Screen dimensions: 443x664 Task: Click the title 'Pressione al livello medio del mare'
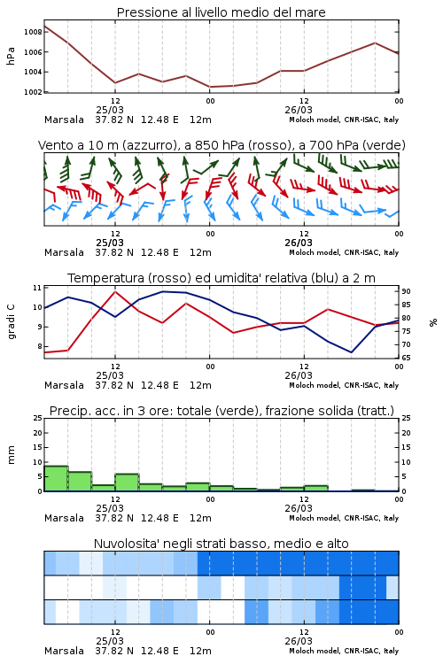click(x=221, y=12)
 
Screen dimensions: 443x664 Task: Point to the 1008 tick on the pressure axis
click(x=33, y=32)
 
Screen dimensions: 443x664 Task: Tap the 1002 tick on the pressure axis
click(x=33, y=92)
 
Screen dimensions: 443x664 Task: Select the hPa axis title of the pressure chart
click(x=11, y=56)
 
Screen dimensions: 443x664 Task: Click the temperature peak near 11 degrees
click(x=115, y=291)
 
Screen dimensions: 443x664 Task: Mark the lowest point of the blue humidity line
click(x=351, y=352)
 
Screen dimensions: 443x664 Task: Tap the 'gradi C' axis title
click(x=11, y=321)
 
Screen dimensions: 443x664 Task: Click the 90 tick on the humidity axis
click(x=406, y=291)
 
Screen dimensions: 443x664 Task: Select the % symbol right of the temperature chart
click(x=433, y=322)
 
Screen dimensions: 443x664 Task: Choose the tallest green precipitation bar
click(x=56, y=478)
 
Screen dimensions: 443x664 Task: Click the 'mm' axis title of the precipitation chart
click(x=11, y=455)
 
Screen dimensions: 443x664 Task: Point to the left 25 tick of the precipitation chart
click(x=38, y=418)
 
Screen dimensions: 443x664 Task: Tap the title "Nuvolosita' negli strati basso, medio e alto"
click(x=221, y=544)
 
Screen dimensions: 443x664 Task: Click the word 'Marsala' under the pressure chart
click(x=64, y=120)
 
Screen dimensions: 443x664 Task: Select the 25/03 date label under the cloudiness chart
click(x=110, y=641)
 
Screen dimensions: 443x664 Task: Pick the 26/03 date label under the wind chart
click(x=299, y=243)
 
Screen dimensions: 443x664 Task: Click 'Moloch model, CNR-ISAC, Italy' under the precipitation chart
click(x=344, y=518)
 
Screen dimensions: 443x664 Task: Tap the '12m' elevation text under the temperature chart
click(x=200, y=385)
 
